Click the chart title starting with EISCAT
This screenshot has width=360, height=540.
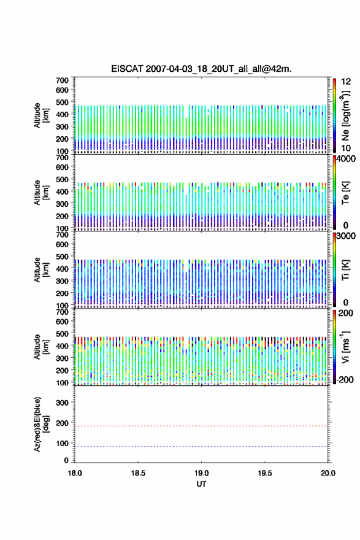click(x=201, y=69)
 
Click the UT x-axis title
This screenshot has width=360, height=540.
click(x=201, y=484)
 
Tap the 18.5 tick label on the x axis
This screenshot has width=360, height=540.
click(x=138, y=473)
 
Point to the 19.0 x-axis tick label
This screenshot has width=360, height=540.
click(x=201, y=473)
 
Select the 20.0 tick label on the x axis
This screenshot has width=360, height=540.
click(x=328, y=473)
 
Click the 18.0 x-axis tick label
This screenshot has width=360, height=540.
click(x=75, y=473)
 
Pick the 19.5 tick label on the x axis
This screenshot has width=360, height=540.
click(x=265, y=473)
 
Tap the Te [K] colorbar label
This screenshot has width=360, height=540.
click(x=345, y=193)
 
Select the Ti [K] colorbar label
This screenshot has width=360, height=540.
click(x=345, y=270)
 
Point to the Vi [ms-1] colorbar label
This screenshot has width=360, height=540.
click(x=345, y=347)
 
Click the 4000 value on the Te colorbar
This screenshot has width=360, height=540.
click(x=346, y=159)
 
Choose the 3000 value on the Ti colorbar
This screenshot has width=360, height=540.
click(x=346, y=236)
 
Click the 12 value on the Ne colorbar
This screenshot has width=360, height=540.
click(x=346, y=82)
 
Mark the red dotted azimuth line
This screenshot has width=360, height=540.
click(x=201, y=426)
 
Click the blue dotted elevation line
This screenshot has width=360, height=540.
click(x=201, y=446)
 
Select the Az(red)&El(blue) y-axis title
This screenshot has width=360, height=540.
click(x=41, y=424)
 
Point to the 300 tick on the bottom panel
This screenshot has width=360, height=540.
click(x=63, y=403)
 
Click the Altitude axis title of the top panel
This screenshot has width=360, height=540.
click(x=41, y=115)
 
